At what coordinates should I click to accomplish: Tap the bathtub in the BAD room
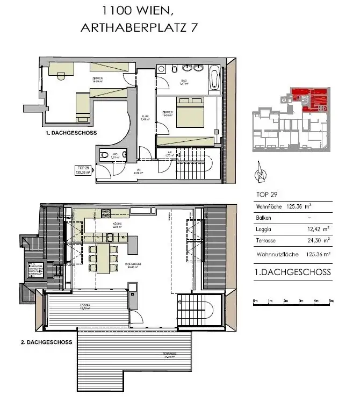pyautogui.click(x=214, y=78)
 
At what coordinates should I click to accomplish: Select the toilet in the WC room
pyautogui.click(x=103, y=156)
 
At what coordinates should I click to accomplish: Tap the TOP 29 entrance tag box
pyautogui.click(x=82, y=170)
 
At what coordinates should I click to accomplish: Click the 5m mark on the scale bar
pyautogui.click(x=331, y=300)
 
